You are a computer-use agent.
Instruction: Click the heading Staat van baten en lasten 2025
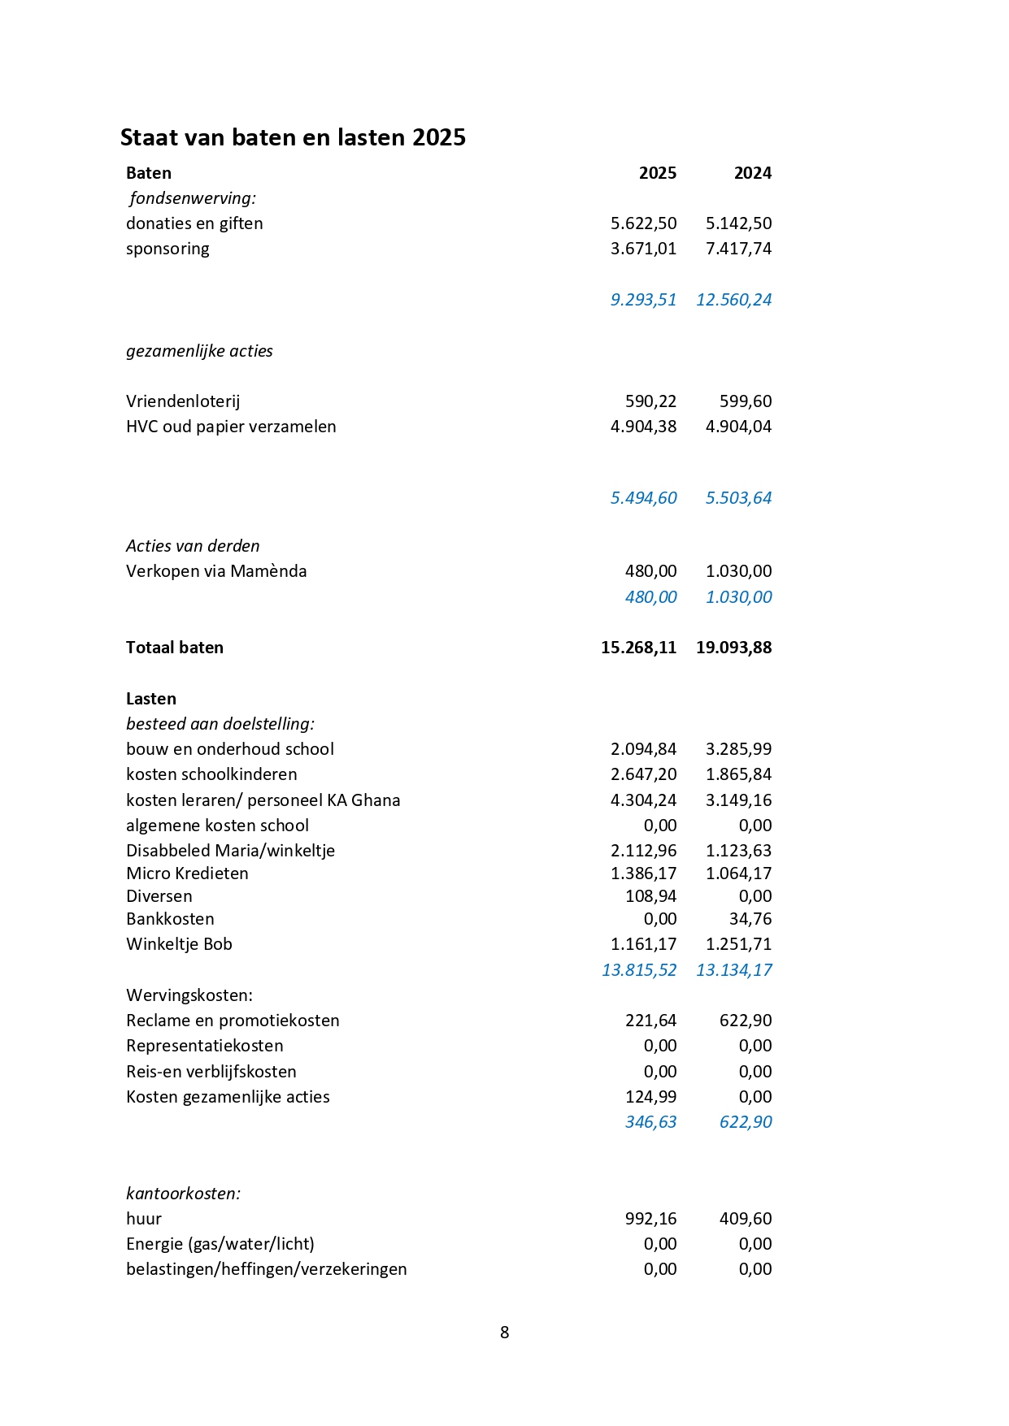[293, 137]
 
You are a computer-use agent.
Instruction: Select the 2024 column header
[752, 173]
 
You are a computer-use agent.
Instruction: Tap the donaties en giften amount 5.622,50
[643, 223]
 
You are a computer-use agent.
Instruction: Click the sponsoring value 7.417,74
[738, 249]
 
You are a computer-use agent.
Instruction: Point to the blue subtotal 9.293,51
[643, 300]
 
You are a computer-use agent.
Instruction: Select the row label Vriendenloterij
[183, 401]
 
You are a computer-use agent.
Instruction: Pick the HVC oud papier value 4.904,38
[643, 427]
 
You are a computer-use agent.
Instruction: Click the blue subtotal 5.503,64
[738, 498]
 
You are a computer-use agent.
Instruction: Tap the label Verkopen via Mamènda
[216, 571]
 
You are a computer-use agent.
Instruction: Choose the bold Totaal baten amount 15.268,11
[638, 648]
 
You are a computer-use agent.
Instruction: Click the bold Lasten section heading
[151, 699]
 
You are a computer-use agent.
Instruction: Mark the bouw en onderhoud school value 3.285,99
[738, 749]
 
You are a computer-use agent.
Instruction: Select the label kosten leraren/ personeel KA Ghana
[263, 800]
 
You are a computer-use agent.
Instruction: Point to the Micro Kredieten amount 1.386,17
[643, 873]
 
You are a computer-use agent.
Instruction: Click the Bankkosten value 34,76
[750, 919]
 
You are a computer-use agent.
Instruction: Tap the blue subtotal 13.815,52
[638, 970]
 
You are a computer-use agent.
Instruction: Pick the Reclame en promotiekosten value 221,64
[650, 1021]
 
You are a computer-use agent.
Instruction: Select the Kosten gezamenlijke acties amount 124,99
[650, 1097]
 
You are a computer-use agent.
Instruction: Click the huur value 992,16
[650, 1219]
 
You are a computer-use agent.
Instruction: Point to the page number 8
[504, 1333]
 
